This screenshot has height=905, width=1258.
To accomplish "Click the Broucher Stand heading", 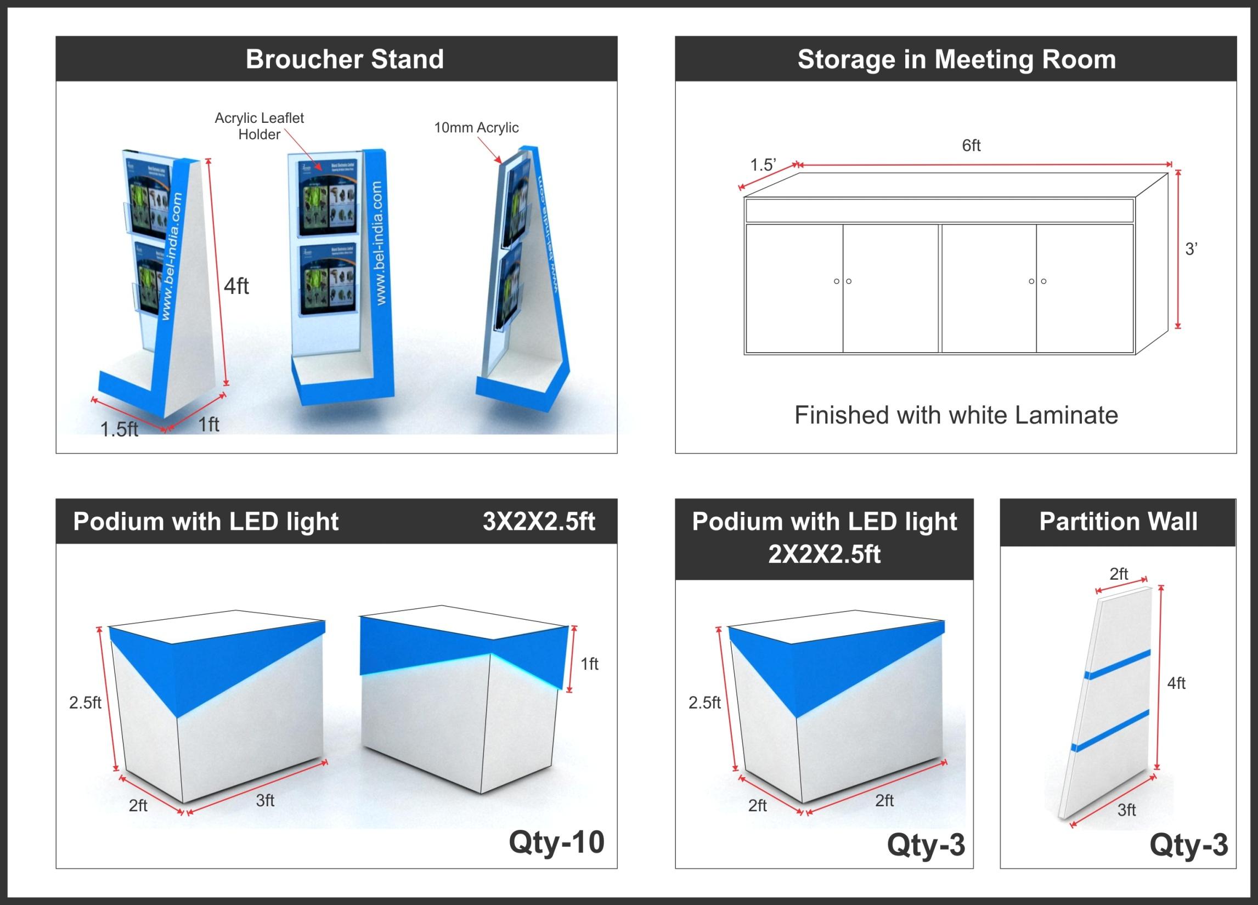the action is pos(345,59).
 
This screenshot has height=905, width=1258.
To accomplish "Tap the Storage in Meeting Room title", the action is pos(956,59).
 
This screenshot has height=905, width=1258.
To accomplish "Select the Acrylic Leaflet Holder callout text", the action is pos(259,126).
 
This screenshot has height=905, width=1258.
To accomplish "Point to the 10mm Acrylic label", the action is pos(476,128).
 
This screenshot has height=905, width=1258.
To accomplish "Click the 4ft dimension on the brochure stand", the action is pos(236,286).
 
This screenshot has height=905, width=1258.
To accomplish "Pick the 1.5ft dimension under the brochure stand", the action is pos(119,429).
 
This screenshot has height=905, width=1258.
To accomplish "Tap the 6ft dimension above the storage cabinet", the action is pos(971,145).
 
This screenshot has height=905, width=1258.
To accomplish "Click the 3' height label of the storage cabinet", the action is pos(1191,249).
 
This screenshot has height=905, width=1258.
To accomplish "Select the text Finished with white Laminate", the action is pos(956,415).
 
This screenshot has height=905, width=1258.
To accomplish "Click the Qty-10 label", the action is pos(556,842).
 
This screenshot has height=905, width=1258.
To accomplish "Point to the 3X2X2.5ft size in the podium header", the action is pos(539,521).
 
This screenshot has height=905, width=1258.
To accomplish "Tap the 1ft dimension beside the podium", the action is pos(590,664).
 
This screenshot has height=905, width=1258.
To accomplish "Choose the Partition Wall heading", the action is pos(1118,521).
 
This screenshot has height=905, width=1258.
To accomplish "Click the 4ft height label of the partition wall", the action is pos(1176,683).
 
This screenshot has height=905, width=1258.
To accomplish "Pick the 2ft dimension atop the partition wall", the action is pos(1119,574).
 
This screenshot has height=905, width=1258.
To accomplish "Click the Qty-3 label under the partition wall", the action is pos(1189,845).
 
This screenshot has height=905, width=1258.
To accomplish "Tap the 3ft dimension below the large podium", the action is pos(265,800).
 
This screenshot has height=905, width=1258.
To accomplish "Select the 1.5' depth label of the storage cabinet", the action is pos(763,165).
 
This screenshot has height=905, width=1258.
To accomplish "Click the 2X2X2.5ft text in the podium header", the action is pos(823,554).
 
